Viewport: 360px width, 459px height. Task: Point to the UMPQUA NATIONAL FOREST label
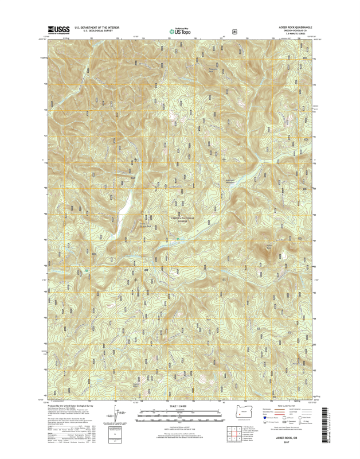(x=183, y=220)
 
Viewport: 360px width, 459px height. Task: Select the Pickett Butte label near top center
(x=213, y=70)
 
